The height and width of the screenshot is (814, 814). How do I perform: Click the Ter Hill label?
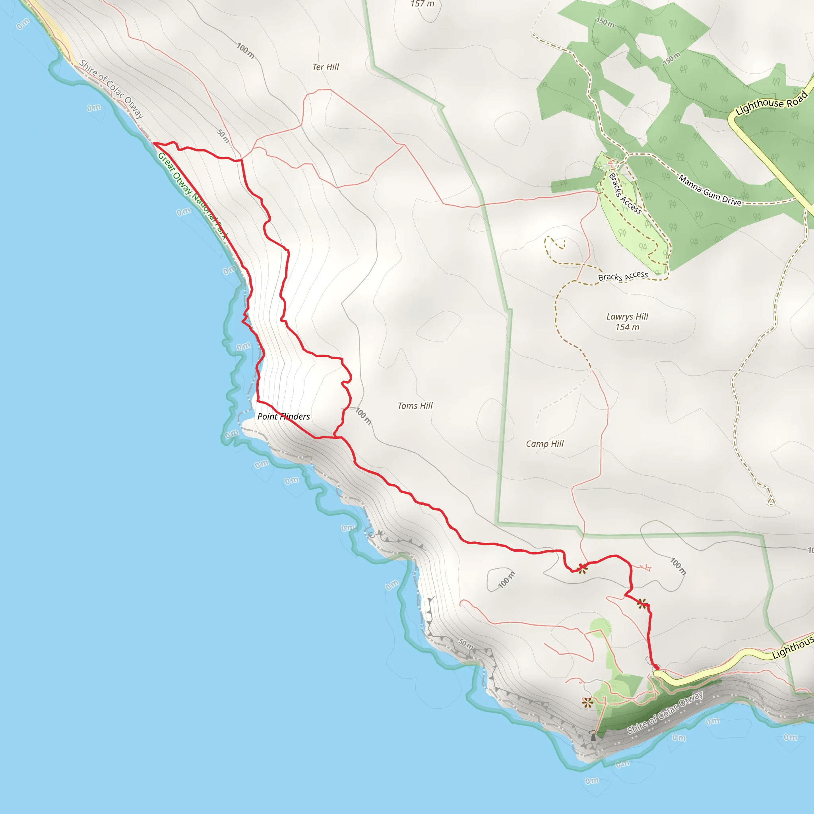pyautogui.click(x=326, y=67)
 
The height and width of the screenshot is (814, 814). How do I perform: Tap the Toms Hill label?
pyautogui.click(x=415, y=406)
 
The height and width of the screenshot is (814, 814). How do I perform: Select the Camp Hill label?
pyautogui.click(x=545, y=444)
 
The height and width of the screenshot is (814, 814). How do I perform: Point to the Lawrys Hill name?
pyautogui.click(x=627, y=316)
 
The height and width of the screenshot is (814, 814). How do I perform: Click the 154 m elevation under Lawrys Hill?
pyautogui.click(x=627, y=328)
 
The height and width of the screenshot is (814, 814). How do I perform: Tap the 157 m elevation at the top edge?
pyautogui.click(x=422, y=4)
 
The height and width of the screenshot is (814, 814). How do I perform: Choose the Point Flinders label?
pyautogui.click(x=283, y=417)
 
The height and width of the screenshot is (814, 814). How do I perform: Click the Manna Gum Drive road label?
pyautogui.click(x=709, y=190)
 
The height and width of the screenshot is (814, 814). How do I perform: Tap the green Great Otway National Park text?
pyautogui.click(x=192, y=196)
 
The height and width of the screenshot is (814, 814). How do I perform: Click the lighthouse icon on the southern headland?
pyautogui.click(x=593, y=736)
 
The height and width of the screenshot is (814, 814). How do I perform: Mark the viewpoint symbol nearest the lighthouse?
pyautogui.click(x=587, y=702)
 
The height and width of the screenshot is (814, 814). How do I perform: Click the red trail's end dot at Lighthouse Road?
pyautogui.click(x=656, y=667)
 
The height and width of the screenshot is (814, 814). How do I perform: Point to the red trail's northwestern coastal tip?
pyautogui.click(x=154, y=143)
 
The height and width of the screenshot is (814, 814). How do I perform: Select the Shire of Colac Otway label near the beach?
pyautogui.click(x=111, y=89)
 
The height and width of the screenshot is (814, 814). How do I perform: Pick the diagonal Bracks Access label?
pyautogui.click(x=625, y=194)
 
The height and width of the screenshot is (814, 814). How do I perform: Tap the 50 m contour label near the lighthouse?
pyautogui.click(x=466, y=643)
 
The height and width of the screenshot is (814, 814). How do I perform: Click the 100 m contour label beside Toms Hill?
pyautogui.click(x=363, y=415)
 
